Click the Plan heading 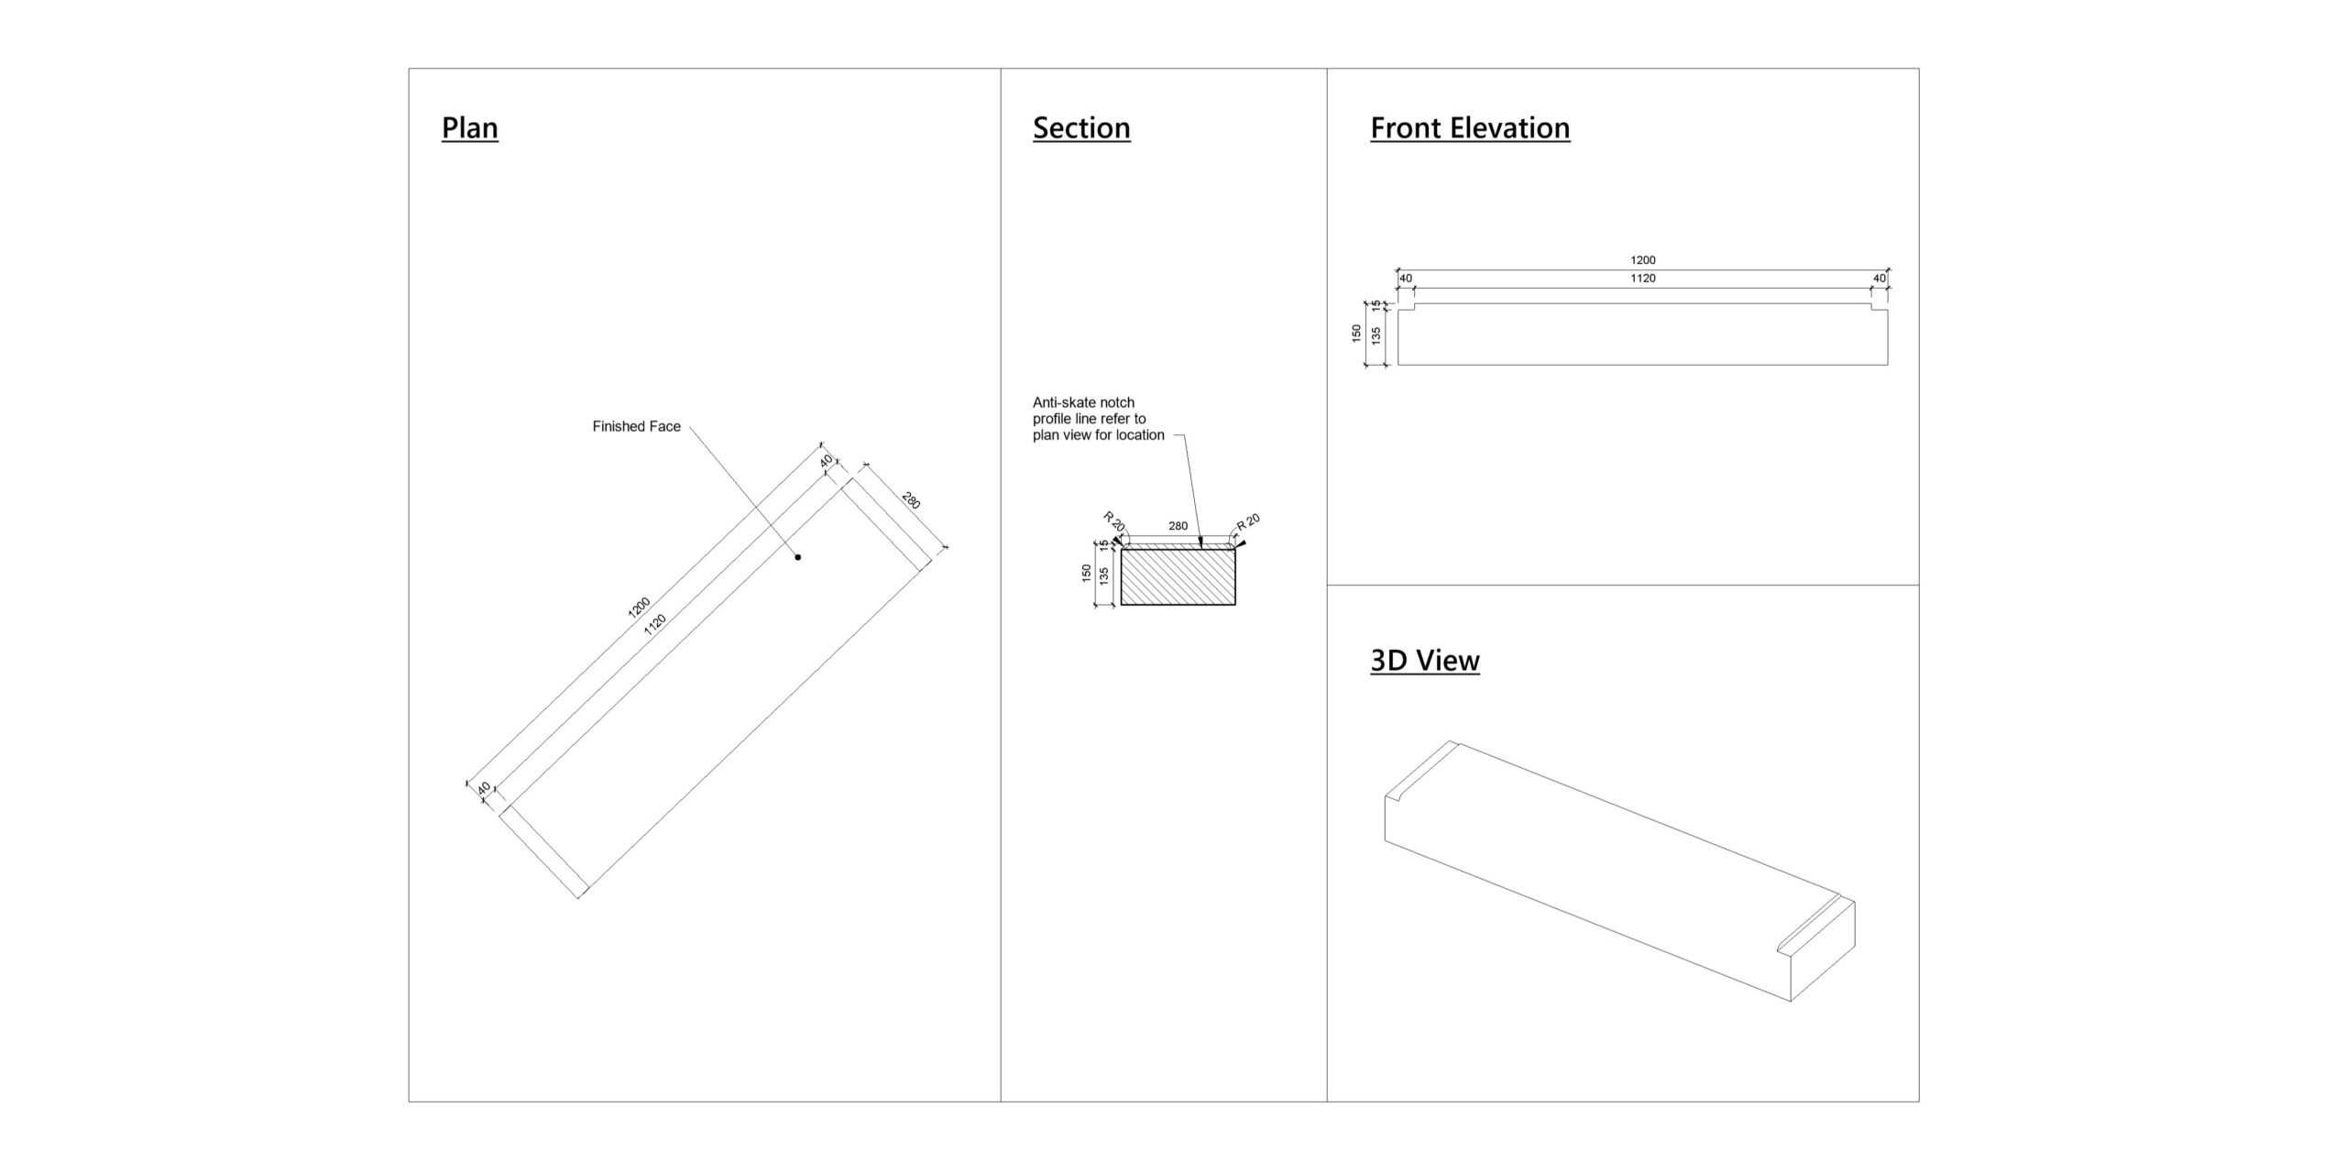tap(469, 127)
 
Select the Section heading tap(1081, 127)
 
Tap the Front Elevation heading tap(1470, 127)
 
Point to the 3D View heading tap(1425, 660)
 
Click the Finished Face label tap(636, 426)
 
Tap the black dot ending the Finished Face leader tap(798, 557)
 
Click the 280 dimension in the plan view tap(911, 501)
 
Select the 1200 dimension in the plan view tap(639, 607)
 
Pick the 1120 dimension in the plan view tap(655, 624)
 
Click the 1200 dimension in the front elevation tap(1643, 260)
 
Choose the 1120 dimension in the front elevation tap(1643, 278)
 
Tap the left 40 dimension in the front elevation tap(1406, 278)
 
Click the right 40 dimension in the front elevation tap(1880, 278)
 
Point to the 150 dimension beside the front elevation tap(1356, 334)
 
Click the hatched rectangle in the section tap(1178, 576)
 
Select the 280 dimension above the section tap(1178, 526)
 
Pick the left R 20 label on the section tap(1113, 522)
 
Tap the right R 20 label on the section tap(1248, 522)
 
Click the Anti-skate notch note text tap(1098, 419)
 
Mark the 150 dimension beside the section tap(1087, 574)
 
